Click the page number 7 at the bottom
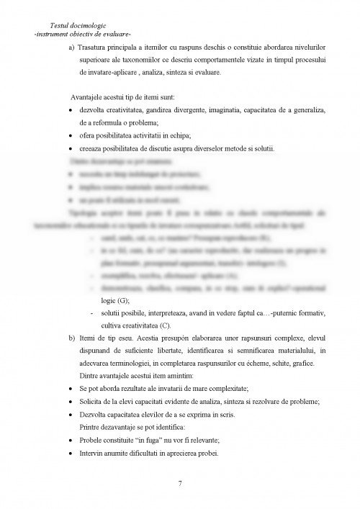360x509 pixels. pyautogui.click(x=179, y=482)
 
